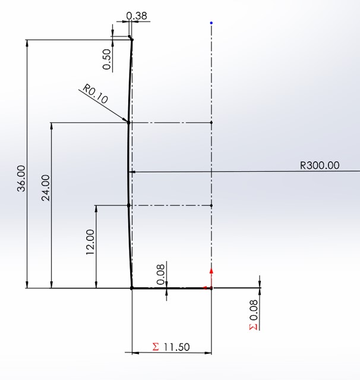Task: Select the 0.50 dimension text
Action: pos(107,59)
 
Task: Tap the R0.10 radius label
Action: pos(95,94)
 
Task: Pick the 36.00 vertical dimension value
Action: pos(21,177)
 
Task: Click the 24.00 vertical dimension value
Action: pos(46,188)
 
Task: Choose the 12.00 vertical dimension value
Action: pos(90,242)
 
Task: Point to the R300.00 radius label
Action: pos(320,165)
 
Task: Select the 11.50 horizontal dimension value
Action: pos(176,346)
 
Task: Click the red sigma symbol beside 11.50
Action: pos(156,346)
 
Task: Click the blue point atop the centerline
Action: pos(211,23)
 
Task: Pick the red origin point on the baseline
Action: pos(211,288)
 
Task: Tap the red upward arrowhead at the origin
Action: pos(211,271)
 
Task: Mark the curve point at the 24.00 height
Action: pos(129,123)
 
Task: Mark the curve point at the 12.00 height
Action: pos(129,205)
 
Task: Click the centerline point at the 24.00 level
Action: pos(211,123)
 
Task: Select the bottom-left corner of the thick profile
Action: pos(131,288)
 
